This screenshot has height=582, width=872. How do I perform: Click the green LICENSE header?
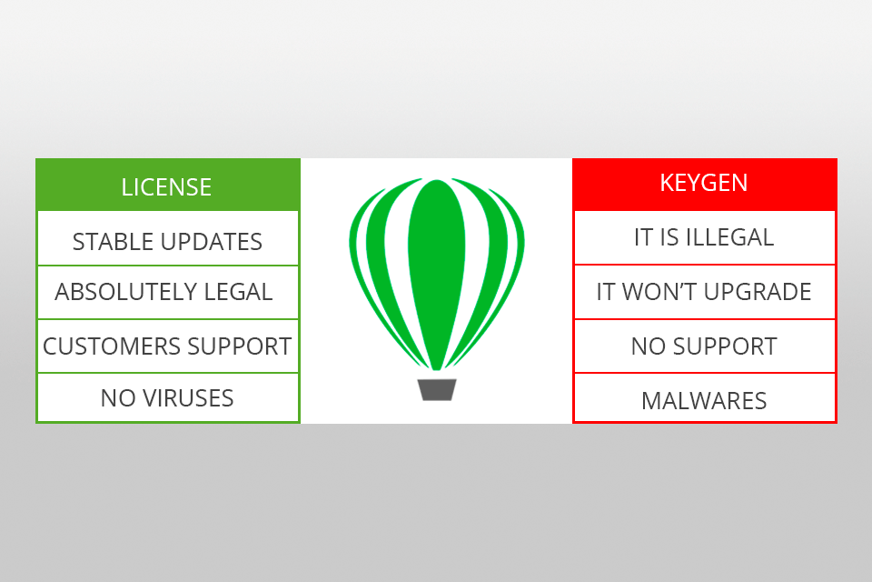pos(167,186)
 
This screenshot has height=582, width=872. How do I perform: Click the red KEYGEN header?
pos(704,184)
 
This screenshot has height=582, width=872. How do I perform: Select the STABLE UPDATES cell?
pos(167,241)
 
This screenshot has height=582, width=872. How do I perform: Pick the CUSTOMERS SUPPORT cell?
pos(167,346)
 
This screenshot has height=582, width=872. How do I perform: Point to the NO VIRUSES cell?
pos(167,398)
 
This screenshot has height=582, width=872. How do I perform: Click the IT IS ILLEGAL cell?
pos(704,238)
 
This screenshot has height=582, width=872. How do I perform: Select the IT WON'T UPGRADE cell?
pos(704,292)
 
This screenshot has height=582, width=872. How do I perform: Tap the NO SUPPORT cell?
pos(704,346)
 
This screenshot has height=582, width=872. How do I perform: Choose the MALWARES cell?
pos(704,400)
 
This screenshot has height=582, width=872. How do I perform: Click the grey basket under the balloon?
pos(437,389)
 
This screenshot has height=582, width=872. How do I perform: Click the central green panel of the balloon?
pos(437,273)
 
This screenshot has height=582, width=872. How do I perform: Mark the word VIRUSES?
pos(189,398)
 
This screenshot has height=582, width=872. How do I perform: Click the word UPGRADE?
pos(759,292)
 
